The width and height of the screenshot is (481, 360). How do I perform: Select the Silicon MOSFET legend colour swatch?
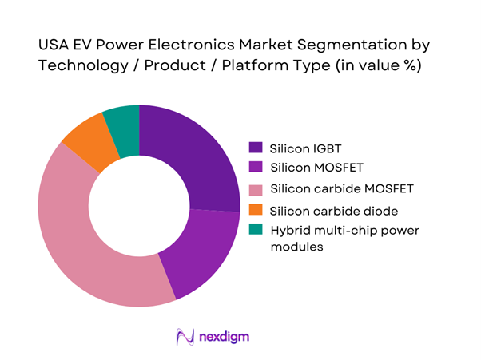[x=256, y=168]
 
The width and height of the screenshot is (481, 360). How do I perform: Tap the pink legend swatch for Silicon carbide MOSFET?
[x=256, y=189]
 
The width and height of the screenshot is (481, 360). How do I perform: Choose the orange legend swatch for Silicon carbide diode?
[x=256, y=210]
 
